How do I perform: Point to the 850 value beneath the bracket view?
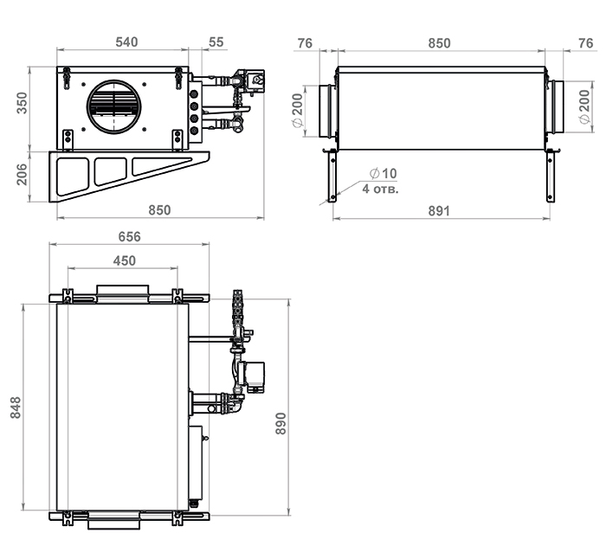pos(159,210)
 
